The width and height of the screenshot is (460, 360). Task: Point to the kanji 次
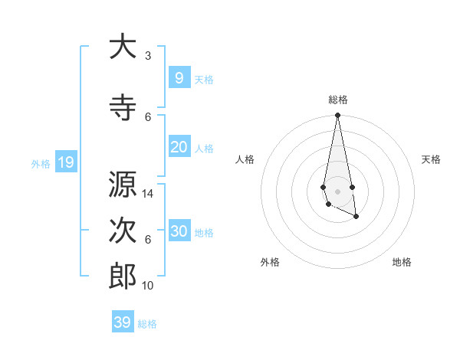(x=123, y=231)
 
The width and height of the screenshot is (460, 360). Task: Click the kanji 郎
(x=123, y=277)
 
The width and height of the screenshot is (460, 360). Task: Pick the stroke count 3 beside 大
(x=148, y=56)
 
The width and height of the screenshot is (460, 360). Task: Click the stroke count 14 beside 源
(x=149, y=194)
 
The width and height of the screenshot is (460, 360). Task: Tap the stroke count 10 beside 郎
(x=149, y=286)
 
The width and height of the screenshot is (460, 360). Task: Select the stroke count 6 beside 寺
(x=148, y=116)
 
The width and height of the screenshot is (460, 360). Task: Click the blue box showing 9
(x=179, y=78)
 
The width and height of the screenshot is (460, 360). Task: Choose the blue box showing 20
(x=179, y=147)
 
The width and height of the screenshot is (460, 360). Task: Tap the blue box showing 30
(x=179, y=231)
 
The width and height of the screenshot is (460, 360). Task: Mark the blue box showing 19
(x=65, y=162)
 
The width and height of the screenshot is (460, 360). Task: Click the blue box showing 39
(x=122, y=322)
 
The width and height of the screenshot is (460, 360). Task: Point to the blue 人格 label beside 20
(x=204, y=148)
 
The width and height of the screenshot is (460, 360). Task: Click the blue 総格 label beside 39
(x=147, y=324)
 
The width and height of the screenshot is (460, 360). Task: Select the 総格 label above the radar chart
(x=338, y=100)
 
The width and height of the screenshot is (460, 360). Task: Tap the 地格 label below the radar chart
(x=402, y=262)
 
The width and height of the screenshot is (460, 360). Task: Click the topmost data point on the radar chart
(x=337, y=116)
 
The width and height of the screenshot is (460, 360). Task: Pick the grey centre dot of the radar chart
(x=337, y=190)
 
